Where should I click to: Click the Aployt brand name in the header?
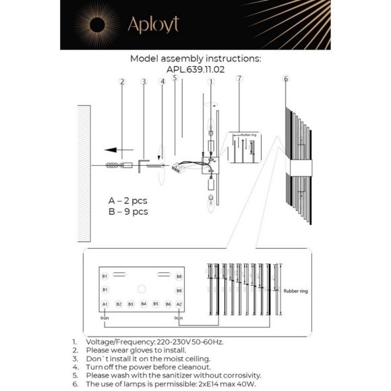[153, 25]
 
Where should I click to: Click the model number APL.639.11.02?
[195, 69]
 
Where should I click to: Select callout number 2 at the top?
[122, 82]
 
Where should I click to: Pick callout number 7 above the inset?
[239, 80]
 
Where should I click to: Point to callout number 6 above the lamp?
[285, 80]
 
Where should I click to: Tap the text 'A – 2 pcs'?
[127, 201]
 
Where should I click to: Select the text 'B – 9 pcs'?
[127, 212]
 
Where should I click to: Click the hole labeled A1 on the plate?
[105, 305]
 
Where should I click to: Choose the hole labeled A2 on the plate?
[179, 305]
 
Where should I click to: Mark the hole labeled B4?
[144, 305]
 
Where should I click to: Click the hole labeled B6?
[168, 305]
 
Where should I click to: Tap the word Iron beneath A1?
[104, 317]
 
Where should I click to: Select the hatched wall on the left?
[83, 172]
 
